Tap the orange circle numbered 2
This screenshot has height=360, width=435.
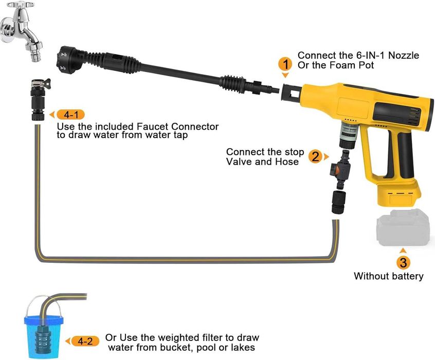(x=315, y=157)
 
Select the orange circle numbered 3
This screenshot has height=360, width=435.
(x=403, y=263)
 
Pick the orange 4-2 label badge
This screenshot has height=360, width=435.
(x=85, y=341)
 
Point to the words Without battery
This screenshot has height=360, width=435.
(x=388, y=277)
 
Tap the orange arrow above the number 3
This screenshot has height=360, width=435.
(x=403, y=251)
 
